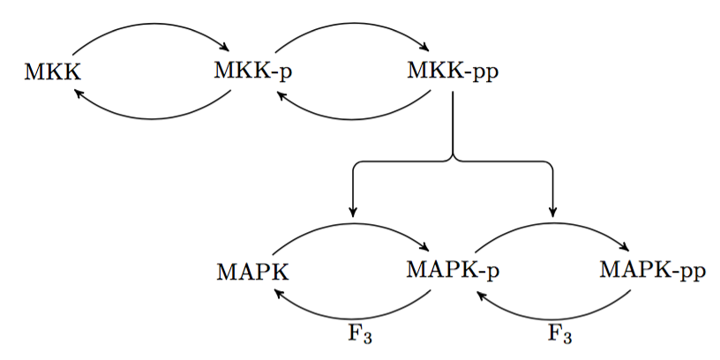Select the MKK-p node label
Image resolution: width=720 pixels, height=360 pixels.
(252, 70)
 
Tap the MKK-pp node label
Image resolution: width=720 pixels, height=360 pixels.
(452, 71)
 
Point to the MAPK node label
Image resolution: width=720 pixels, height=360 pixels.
(252, 270)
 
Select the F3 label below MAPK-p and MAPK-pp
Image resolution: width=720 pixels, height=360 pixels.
(560, 334)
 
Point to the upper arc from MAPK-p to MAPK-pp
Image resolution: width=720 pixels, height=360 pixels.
(552, 224)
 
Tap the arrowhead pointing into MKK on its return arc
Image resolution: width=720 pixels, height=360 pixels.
(78, 92)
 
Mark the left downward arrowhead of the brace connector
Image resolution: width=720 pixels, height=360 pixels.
(353, 210)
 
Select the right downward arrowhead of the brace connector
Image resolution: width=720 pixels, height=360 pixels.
(553, 210)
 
